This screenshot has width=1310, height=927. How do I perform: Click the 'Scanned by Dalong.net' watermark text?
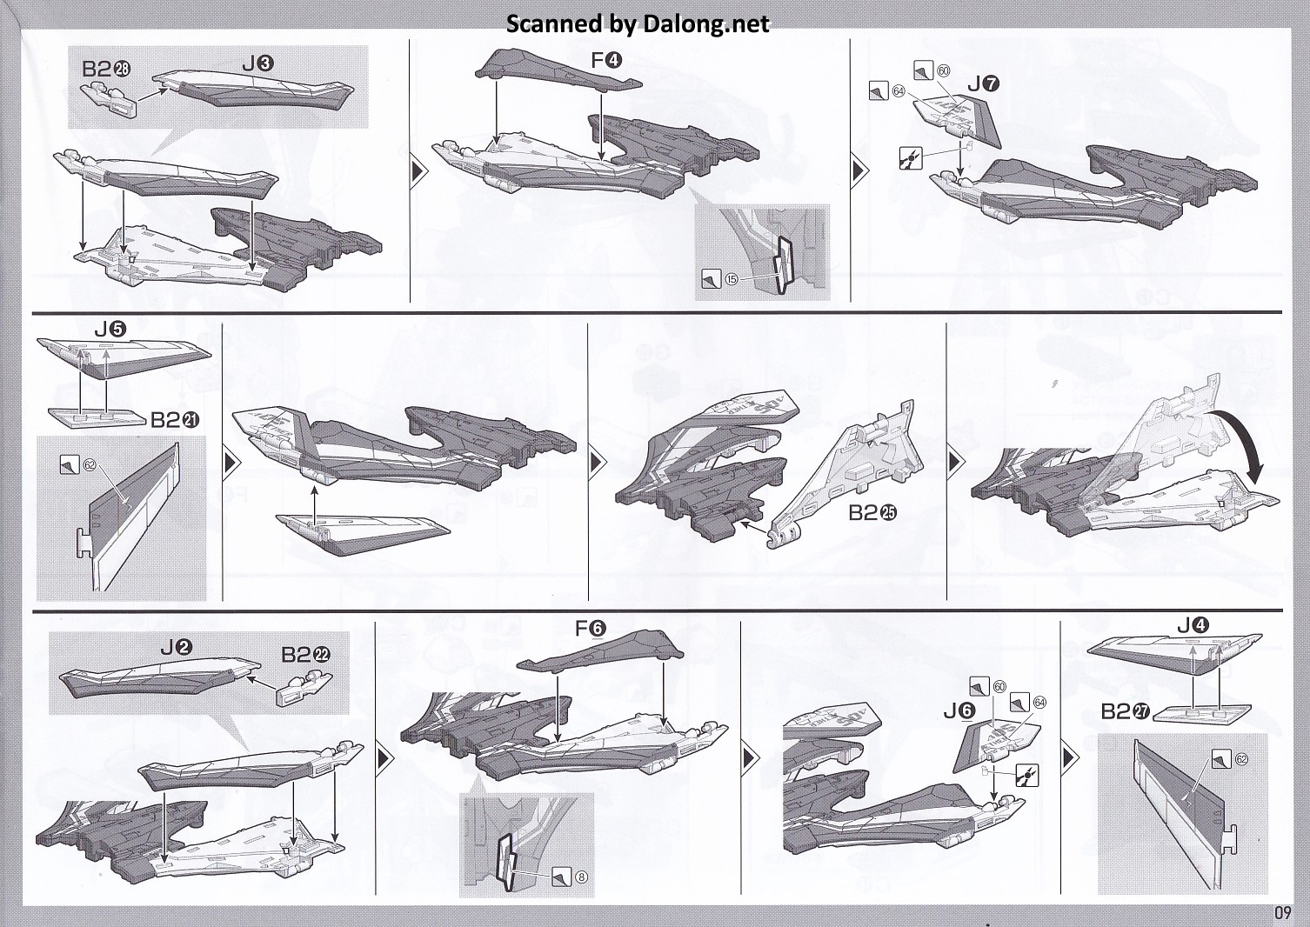pos(638,23)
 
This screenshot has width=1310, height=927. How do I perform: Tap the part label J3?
pos(258,63)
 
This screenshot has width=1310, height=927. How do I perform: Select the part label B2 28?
pos(106,70)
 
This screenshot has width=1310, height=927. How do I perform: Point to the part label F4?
pos(605,61)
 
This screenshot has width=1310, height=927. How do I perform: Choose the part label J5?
pos(110,330)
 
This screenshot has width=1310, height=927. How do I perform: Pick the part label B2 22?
pos(306,654)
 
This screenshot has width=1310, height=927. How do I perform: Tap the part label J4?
pos(1193,624)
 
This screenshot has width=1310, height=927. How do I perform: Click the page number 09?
pos(1282,912)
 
